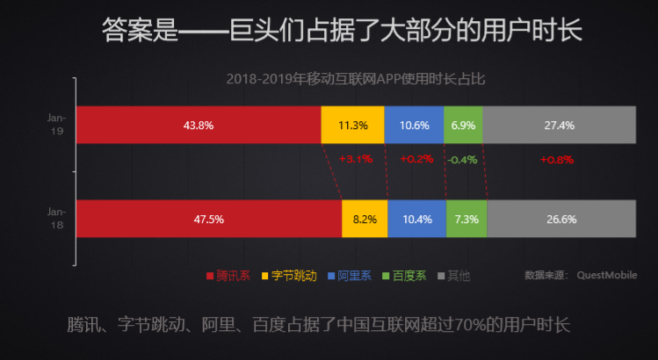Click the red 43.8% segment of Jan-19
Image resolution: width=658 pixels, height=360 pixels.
coord(199,125)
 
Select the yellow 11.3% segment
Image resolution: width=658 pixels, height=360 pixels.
coord(352,125)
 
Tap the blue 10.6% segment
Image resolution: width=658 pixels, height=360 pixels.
coord(414,125)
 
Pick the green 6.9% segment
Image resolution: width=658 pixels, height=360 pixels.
coord(463,125)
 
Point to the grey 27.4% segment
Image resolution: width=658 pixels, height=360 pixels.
coord(559,125)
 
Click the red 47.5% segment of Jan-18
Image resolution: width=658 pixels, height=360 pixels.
coord(208,219)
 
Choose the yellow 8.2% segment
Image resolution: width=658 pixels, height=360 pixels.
coord(365,219)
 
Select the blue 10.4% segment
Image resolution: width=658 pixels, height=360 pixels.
coord(416,219)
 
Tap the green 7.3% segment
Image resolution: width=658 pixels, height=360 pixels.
coord(466,219)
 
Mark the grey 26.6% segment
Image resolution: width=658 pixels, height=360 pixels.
coord(560,219)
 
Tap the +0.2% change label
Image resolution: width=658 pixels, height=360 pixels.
coord(416,160)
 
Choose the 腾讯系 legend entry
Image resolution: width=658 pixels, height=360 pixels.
coord(228,276)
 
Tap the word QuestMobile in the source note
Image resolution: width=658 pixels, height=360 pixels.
coord(604,275)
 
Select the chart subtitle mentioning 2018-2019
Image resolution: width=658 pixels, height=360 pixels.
coord(355,78)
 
